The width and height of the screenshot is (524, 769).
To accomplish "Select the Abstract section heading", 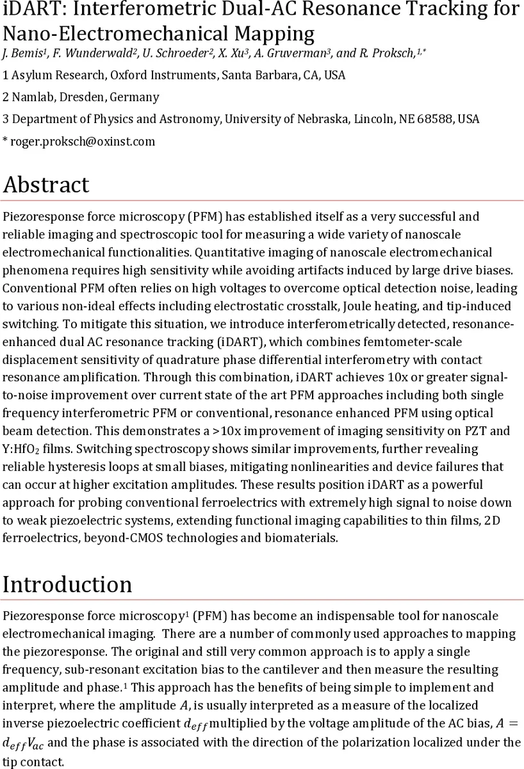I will pos(46,185).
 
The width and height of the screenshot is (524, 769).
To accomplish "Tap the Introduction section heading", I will pos(67,584).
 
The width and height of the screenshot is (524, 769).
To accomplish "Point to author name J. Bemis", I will pos(19,54).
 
